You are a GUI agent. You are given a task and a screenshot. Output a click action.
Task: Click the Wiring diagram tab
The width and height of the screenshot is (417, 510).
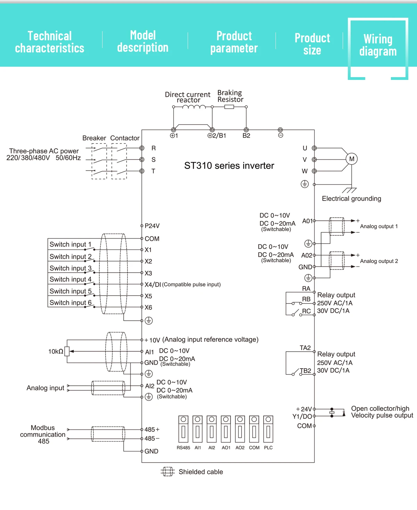(378, 45)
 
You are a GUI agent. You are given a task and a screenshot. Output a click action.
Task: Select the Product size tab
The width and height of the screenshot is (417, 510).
(312, 44)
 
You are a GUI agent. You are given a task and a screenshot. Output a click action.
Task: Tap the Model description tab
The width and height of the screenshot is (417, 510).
(143, 41)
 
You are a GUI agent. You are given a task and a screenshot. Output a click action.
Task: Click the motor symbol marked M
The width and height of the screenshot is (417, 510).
(352, 159)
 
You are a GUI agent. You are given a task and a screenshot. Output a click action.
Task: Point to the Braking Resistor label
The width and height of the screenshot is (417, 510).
(230, 96)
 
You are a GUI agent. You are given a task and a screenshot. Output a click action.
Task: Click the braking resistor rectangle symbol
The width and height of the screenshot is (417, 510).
(229, 107)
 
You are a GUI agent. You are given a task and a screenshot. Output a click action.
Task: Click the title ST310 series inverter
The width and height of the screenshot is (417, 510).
(229, 166)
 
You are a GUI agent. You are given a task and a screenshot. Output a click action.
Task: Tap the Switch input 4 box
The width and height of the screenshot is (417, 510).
(70, 279)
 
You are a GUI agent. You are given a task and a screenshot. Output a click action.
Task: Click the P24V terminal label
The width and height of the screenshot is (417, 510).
(152, 226)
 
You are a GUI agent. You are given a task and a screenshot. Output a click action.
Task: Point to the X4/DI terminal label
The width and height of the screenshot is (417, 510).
(153, 285)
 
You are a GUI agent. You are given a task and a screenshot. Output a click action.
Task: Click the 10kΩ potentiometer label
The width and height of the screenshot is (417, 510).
(56, 352)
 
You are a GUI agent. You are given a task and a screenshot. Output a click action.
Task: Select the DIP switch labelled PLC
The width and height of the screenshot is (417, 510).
(268, 429)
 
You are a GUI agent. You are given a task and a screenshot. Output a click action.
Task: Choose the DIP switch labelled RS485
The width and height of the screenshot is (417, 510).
(183, 429)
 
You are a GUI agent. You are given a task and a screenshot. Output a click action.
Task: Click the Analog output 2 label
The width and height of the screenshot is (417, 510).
(379, 261)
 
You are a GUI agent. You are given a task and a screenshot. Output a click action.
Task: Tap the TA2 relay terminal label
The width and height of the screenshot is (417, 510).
(305, 348)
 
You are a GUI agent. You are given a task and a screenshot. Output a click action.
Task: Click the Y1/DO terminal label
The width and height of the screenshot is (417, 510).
(302, 417)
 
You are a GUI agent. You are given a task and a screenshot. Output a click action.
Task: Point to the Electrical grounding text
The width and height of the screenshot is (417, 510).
(351, 199)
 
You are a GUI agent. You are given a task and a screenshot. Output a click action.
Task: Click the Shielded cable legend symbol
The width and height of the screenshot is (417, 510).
(168, 472)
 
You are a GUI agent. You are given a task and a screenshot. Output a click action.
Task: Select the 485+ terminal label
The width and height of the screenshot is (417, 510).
(152, 430)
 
